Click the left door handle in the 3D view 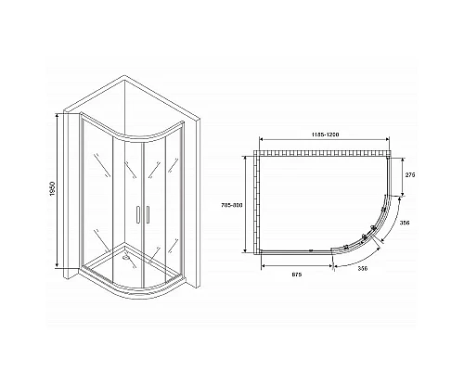[137, 214]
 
